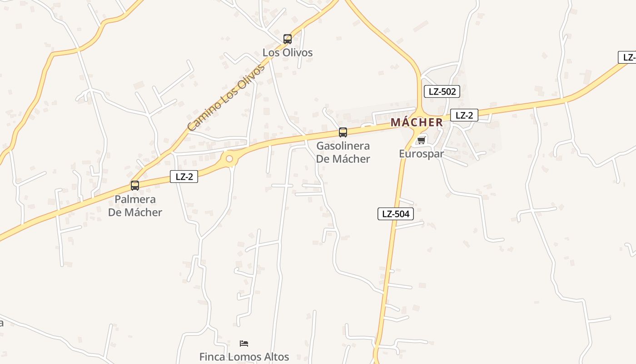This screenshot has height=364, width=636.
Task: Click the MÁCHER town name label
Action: [x=417, y=122]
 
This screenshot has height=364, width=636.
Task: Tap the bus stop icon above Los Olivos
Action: [x=287, y=39]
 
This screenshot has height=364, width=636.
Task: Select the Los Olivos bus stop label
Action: [x=288, y=52]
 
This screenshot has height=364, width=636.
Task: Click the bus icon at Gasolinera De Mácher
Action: [x=343, y=132]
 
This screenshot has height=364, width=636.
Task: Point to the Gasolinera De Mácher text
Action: [x=343, y=152]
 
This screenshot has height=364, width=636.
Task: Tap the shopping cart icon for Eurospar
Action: [x=421, y=140]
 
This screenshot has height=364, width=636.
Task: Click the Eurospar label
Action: [x=421, y=153]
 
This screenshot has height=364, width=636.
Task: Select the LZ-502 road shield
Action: [x=442, y=91]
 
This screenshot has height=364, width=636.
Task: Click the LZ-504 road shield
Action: [x=396, y=214]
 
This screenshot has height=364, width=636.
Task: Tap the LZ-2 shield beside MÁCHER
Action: [x=464, y=115]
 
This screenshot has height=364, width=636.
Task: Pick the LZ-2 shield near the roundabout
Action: [x=184, y=177]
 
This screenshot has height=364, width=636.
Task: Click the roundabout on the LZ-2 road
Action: [x=229, y=159]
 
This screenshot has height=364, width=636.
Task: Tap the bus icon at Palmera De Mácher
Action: [x=135, y=186]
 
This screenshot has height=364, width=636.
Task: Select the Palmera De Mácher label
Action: [x=135, y=206]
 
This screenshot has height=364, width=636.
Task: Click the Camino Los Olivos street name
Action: [x=226, y=98]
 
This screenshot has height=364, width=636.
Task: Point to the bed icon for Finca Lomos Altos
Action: [x=244, y=343]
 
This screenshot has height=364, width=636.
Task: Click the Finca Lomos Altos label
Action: [x=244, y=357]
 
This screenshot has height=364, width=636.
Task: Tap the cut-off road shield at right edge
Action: [x=627, y=57]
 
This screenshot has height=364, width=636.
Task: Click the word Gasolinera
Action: [x=343, y=146]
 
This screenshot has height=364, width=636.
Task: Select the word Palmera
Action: [x=135, y=199]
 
